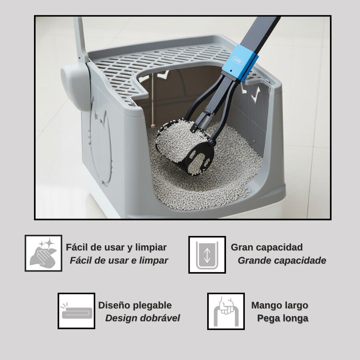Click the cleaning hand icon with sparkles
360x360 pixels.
point(43,253)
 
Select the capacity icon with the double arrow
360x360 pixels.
point(207,255)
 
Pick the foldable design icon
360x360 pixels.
point(76,311)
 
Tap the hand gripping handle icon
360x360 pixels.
point(226,311)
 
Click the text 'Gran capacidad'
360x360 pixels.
point(266,247)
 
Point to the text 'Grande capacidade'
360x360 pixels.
point(282,260)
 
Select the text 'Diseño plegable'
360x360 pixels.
point(135,305)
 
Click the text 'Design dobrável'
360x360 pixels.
point(142,318)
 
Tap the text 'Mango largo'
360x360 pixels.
point(280,305)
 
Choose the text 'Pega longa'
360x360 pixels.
point(283,318)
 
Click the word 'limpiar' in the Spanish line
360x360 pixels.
point(151,248)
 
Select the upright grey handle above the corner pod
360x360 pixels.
point(80,39)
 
